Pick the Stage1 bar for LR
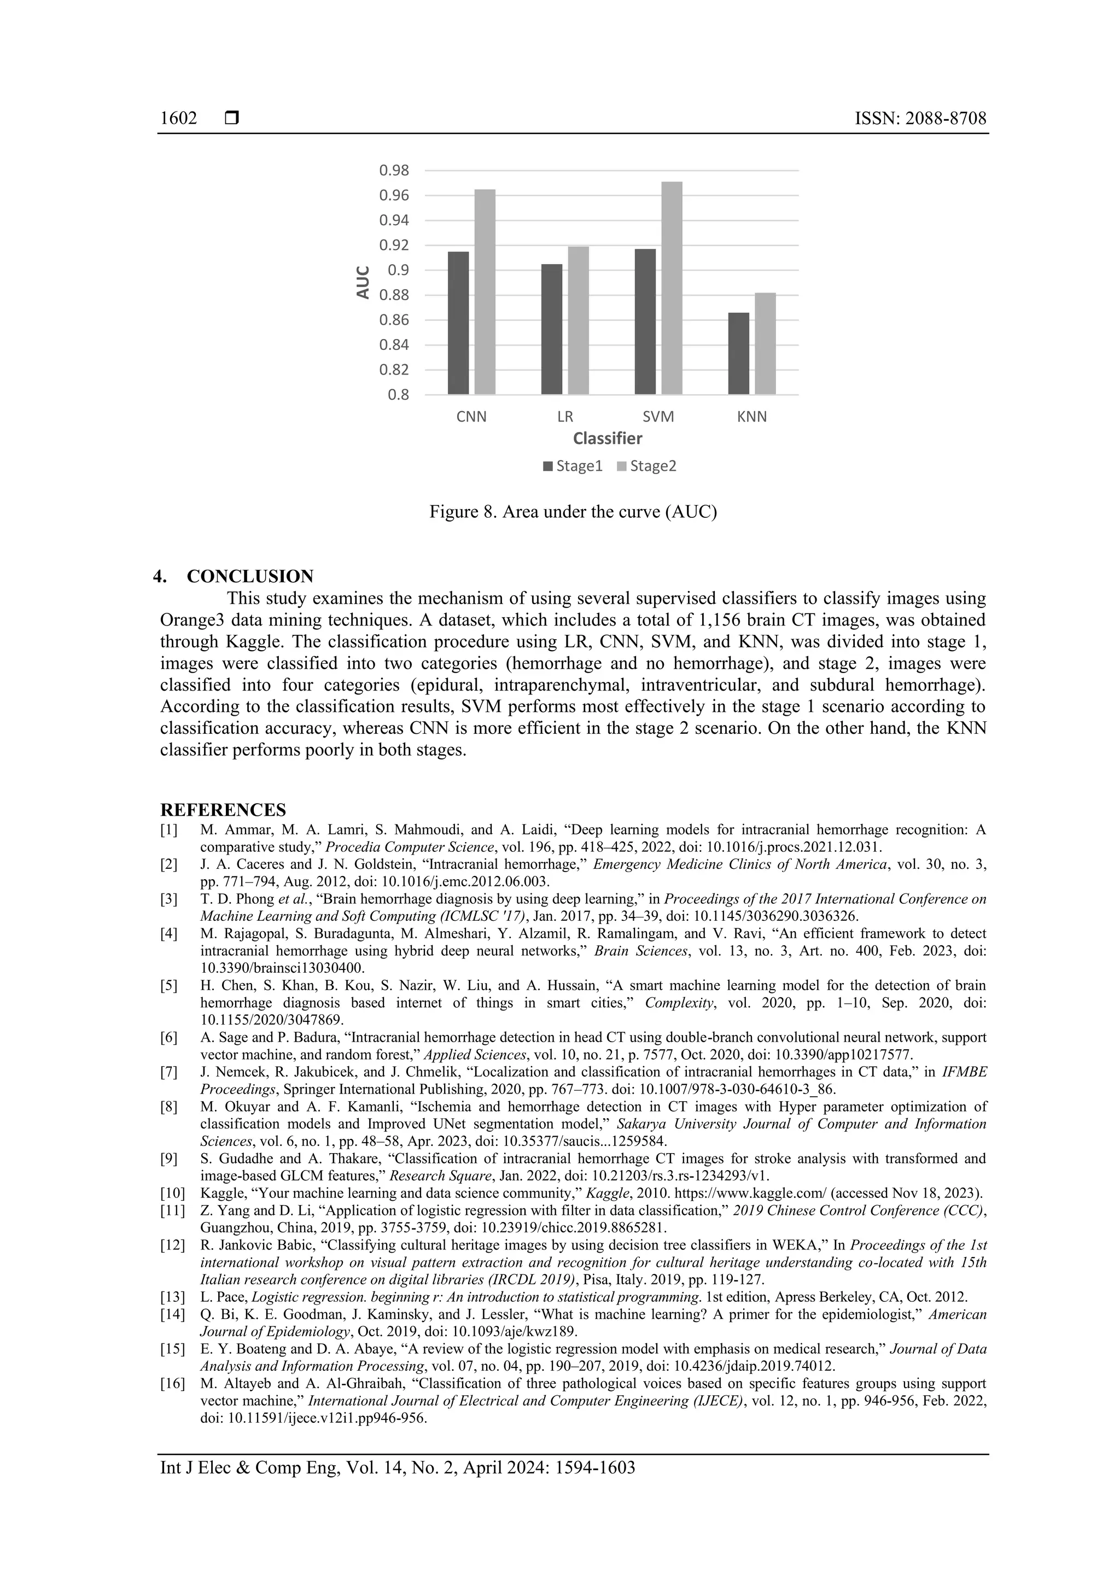coord(551,329)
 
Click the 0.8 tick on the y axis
coord(398,395)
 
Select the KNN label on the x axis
coord(751,417)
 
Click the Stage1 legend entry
coord(572,466)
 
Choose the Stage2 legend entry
coord(646,466)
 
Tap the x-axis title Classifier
coord(607,439)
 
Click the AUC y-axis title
coord(363,282)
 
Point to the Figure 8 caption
coord(573,512)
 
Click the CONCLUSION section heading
coord(250,576)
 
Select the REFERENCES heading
coord(223,809)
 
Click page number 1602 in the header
coord(178,119)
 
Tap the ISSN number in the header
coord(920,119)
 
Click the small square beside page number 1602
coord(232,119)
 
